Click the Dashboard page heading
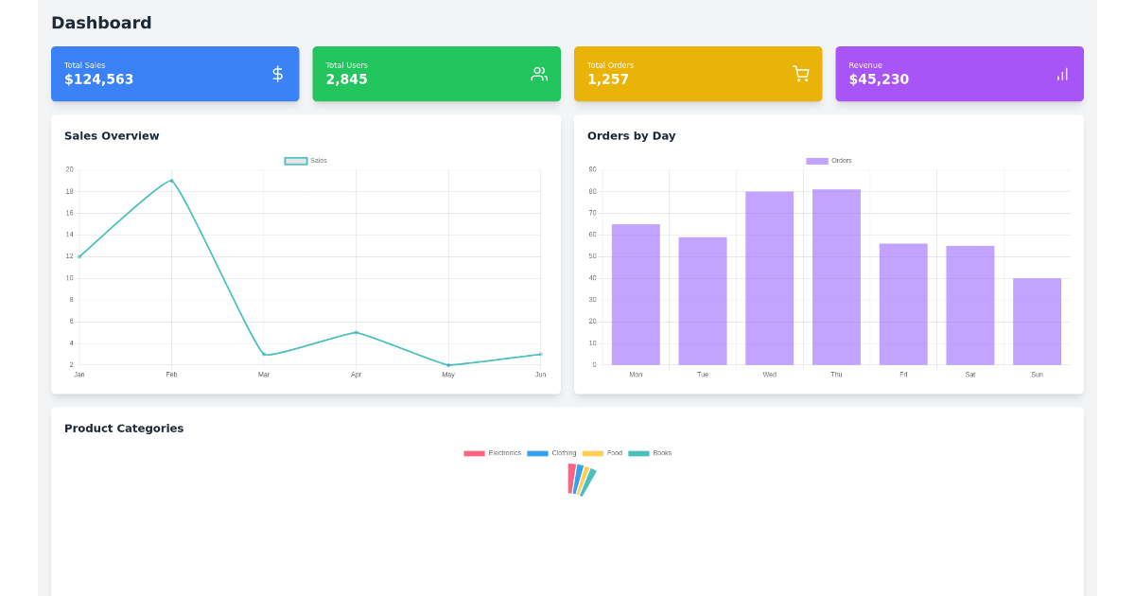tap(101, 23)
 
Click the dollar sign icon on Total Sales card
tap(277, 74)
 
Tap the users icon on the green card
tap(539, 74)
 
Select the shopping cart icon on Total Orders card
tap(800, 74)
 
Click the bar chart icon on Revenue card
tap(1062, 74)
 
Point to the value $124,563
tap(98, 79)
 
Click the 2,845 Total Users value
tap(346, 79)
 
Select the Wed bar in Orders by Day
tap(769, 278)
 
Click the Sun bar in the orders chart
tap(1037, 322)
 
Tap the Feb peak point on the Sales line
tap(171, 180)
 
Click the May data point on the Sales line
tap(448, 365)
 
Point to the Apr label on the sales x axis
tap(356, 375)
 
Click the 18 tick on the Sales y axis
tap(69, 191)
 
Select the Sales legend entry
tap(306, 161)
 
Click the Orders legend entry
tap(829, 161)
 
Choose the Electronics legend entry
tap(493, 453)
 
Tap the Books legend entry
tap(651, 453)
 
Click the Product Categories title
tap(124, 429)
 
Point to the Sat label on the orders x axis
tap(969, 375)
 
